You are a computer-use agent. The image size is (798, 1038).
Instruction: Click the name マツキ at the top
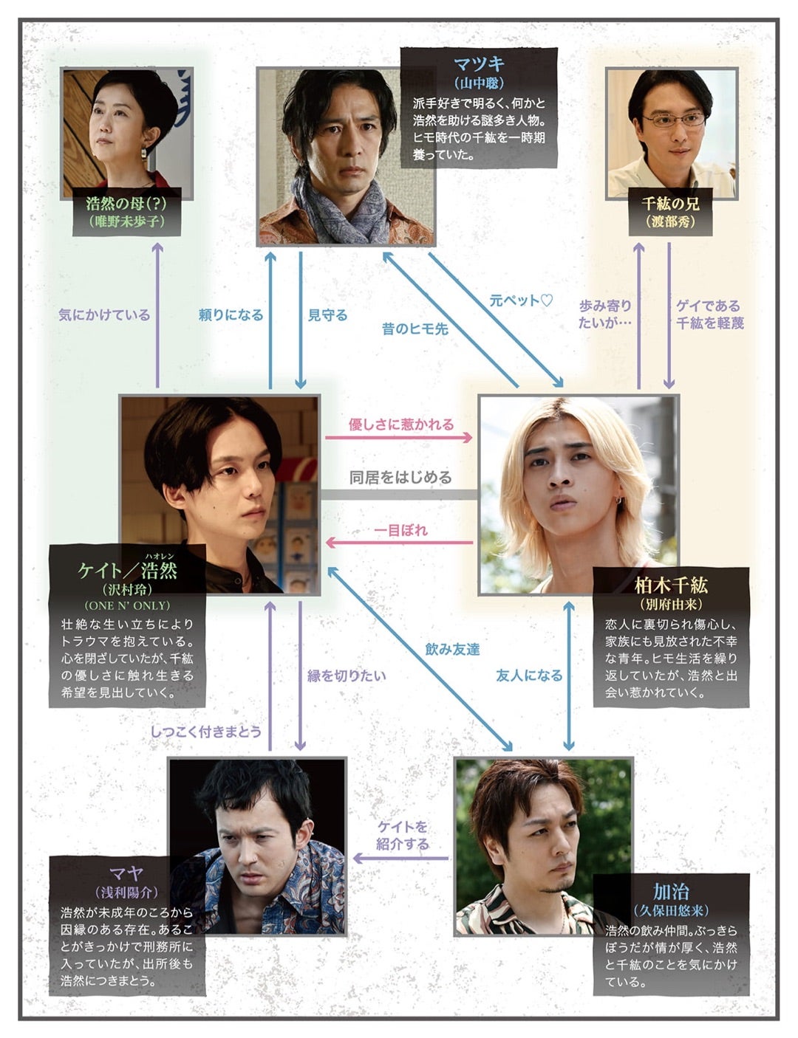click(479, 63)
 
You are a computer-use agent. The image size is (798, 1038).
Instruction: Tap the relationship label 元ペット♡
click(521, 300)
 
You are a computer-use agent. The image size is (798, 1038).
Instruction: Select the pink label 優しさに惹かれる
click(400, 425)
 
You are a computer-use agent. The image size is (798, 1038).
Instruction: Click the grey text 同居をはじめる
click(400, 478)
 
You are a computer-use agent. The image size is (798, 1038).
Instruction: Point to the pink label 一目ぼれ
click(400, 530)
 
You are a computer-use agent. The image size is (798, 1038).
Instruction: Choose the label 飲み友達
click(452, 649)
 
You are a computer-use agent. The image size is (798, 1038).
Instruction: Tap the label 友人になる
click(529, 675)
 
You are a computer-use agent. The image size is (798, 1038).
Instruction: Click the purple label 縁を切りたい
click(347, 675)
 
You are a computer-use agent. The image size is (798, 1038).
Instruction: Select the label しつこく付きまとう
click(206, 732)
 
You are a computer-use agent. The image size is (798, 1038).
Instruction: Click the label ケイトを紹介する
click(402, 835)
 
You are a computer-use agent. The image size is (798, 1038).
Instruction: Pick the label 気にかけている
click(104, 315)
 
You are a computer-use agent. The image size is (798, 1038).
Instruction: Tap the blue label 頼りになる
click(231, 315)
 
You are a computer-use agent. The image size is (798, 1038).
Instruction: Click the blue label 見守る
click(327, 315)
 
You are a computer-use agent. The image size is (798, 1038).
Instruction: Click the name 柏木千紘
click(671, 585)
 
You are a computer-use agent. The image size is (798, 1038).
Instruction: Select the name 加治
click(671, 890)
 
